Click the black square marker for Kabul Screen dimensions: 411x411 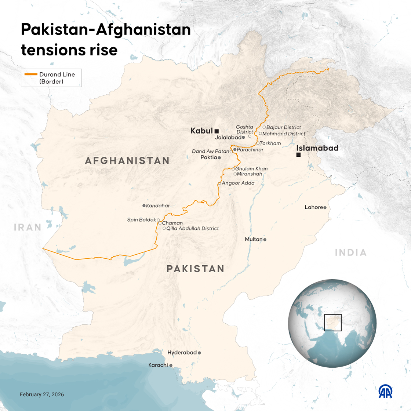point(217,131)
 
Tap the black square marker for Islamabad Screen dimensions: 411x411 point(298,155)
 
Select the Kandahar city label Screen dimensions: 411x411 point(158,206)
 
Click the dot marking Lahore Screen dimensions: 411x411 point(325,208)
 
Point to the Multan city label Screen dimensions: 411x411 point(254,239)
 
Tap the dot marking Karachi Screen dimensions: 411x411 point(171,365)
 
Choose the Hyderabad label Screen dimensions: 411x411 point(182,353)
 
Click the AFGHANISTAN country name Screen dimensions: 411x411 point(127,161)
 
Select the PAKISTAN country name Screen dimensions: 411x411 point(195,269)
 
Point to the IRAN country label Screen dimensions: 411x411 point(28,227)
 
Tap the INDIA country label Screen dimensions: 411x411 point(351,252)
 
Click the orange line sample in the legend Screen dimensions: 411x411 point(31,74)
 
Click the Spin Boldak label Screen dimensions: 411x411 point(142,220)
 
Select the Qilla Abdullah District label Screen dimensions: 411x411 point(192,228)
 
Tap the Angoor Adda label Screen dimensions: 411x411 point(238,183)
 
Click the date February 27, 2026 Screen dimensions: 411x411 point(42,394)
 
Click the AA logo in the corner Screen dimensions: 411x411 point(385,392)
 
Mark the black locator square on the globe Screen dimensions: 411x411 point(333,323)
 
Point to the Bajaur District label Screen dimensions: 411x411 point(284,127)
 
